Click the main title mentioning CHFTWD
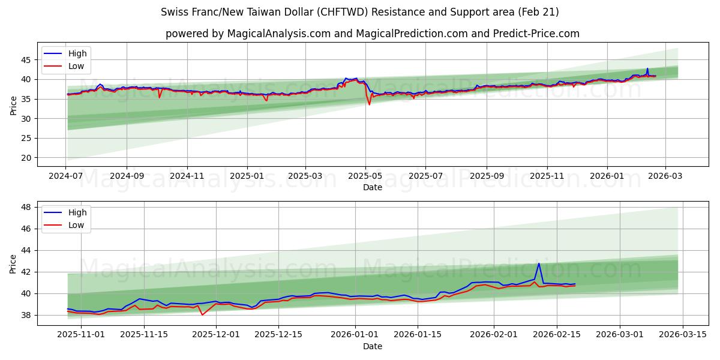(x=360, y=12)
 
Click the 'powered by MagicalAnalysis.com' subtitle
(x=372, y=34)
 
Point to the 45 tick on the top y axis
(x=26, y=60)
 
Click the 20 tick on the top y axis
(x=26, y=158)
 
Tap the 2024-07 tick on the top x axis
(x=67, y=177)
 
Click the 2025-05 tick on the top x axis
(x=365, y=177)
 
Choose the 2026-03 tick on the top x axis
(x=665, y=177)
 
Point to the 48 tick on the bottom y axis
(x=26, y=207)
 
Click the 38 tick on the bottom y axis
(x=26, y=315)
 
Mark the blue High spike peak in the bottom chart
(x=539, y=263)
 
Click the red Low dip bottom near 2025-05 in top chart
(x=370, y=104)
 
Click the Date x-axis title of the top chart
(x=372, y=187)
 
